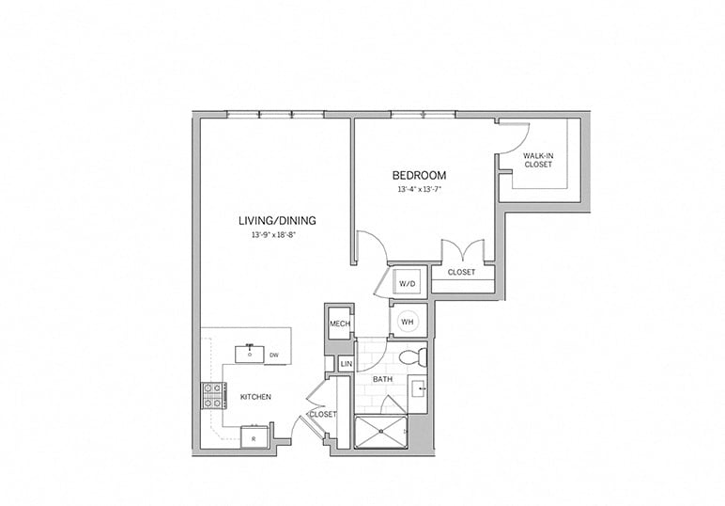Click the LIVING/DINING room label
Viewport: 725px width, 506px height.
tap(276, 220)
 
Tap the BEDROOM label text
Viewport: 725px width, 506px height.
tap(418, 175)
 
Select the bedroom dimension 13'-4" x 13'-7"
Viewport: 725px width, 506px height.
tap(418, 189)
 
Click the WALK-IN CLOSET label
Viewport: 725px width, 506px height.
tap(538, 160)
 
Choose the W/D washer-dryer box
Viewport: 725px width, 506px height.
tap(408, 282)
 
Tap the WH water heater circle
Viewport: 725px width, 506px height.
tap(408, 321)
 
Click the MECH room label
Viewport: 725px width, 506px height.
tap(339, 324)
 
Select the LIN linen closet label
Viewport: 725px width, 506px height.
tap(345, 363)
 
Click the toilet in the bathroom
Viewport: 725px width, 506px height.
tap(412, 357)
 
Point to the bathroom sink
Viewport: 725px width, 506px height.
tap(420, 387)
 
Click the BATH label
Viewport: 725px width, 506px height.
tap(382, 379)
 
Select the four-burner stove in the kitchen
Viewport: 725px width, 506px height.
tap(211, 396)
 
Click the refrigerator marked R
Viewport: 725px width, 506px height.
tap(254, 438)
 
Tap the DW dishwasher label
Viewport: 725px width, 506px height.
tap(274, 355)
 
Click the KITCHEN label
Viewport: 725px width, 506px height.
tap(255, 397)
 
